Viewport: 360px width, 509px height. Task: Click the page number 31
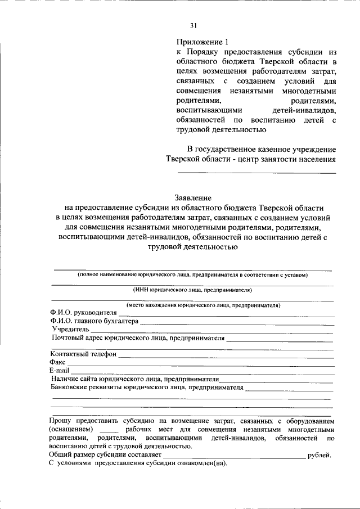click(x=193, y=25)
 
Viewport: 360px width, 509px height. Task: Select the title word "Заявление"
click(x=193, y=198)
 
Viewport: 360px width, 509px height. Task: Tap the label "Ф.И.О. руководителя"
click(x=83, y=313)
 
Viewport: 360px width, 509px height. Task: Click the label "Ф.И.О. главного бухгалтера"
click(x=94, y=321)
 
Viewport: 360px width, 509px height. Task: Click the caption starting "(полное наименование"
click(x=192, y=275)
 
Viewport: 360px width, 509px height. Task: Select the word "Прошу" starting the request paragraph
click(x=61, y=420)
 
